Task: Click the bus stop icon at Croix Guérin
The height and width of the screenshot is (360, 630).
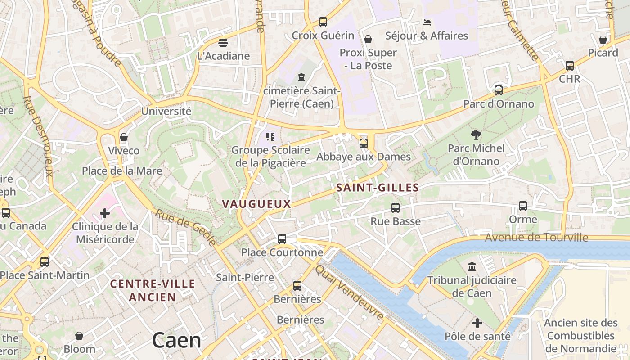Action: coord(323,22)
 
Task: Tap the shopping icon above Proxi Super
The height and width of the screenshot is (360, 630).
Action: coord(368,39)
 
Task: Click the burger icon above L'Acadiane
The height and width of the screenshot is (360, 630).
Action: coord(223,43)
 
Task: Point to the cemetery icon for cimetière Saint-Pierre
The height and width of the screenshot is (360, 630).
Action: coord(301,77)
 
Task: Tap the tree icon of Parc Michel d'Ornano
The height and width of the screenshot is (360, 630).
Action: coord(476,135)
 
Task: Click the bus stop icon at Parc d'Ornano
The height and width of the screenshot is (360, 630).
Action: coord(499,90)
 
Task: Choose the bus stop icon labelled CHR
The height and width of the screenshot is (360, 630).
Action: coord(570,66)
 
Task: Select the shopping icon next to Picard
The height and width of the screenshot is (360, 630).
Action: coord(603,40)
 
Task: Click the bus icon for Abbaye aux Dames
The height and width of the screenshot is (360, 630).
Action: coord(363,144)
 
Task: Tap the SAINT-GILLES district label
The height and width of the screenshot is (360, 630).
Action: coord(378,188)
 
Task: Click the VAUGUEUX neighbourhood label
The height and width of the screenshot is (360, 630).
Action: coord(256,204)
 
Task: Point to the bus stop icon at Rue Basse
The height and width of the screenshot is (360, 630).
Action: coord(396,208)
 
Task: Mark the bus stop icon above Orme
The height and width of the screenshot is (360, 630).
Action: coord(523,206)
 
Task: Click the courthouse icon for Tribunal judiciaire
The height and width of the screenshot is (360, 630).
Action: coord(472,267)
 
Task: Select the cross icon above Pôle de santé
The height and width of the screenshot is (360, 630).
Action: coord(477,323)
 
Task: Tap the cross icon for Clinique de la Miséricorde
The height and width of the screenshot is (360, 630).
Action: coord(105,213)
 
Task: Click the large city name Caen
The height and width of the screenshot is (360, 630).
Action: coord(176,340)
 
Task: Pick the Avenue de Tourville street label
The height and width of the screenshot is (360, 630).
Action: coord(536,237)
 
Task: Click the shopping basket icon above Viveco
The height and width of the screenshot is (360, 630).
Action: coord(124,137)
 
